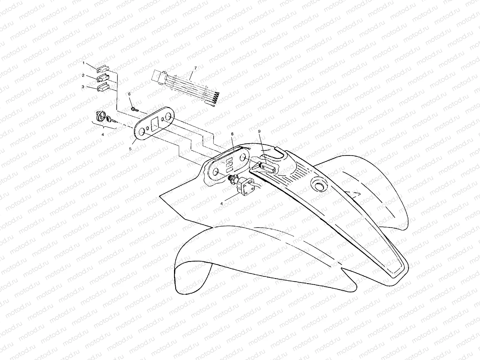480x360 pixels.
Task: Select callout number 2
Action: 83,76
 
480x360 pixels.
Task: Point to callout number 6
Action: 129,94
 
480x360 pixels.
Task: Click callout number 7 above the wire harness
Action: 196,68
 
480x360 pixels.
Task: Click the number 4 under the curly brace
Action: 103,135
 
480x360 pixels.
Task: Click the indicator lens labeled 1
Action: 102,69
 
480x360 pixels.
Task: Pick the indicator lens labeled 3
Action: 103,88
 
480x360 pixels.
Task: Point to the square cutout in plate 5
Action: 155,124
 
